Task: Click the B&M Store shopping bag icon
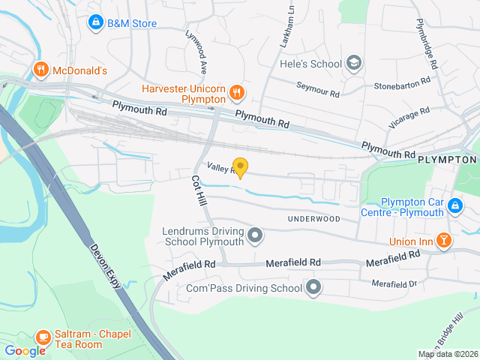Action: [x=95, y=23]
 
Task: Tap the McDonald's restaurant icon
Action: [x=41, y=70]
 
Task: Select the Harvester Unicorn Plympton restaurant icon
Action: [x=237, y=92]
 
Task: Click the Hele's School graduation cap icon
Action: [x=353, y=64]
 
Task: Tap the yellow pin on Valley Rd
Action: [x=240, y=167]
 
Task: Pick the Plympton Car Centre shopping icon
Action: [x=454, y=205]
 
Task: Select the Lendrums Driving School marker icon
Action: [x=255, y=236]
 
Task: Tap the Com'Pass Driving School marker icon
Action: [x=313, y=287]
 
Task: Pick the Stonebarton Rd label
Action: [x=404, y=81]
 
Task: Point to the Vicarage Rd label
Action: [x=409, y=118]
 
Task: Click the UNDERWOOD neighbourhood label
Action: [x=313, y=219]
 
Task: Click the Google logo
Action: [x=25, y=350]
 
